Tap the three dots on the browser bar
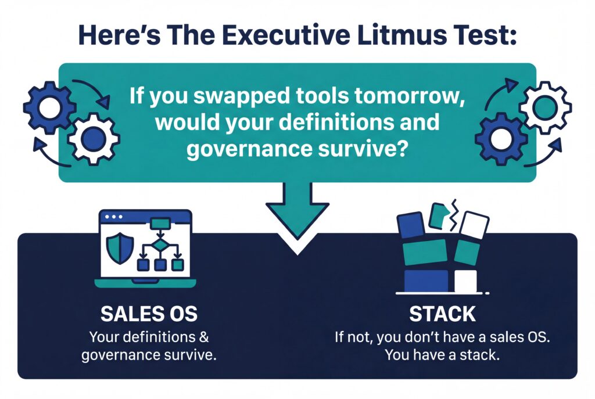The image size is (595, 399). (114, 217)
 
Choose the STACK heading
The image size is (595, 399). (442, 315)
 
